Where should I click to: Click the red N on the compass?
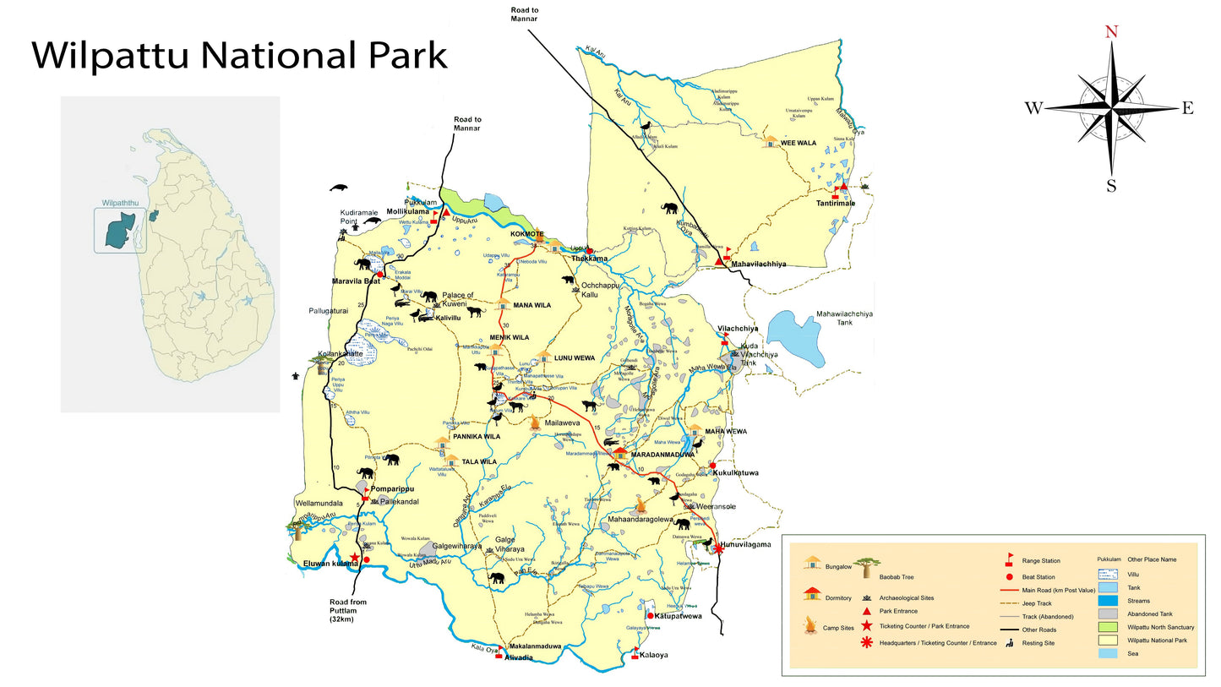click(x=1112, y=32)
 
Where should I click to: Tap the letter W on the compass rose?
click(x=1033, y=107)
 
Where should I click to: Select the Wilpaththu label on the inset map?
click(x=119, y=204)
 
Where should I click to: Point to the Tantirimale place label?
click(x=835, y=204)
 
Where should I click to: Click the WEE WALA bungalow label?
click(x=799, y=143)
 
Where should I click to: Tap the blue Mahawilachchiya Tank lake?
click(x=799, y=338)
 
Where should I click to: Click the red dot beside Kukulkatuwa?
click(x=712, y=465)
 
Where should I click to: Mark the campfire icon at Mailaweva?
click(x=535, y=423)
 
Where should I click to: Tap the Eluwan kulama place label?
click(x=331, y=563)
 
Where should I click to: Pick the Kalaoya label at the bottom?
click(x=654, y=655)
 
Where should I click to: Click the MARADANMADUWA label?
click(x=662, y=455)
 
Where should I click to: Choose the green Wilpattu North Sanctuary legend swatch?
click(x=1109, y=627)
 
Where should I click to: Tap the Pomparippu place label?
click(x=390, y=488)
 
